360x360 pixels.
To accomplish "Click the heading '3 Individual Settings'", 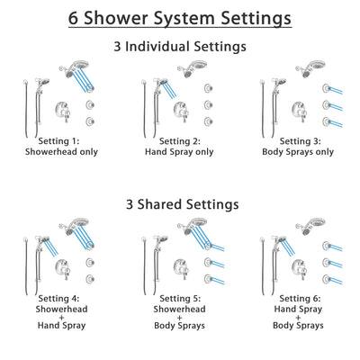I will pyautogui.click(x=180, y=46).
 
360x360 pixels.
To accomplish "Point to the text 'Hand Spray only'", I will pyautogui.click(x=180, y=152).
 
